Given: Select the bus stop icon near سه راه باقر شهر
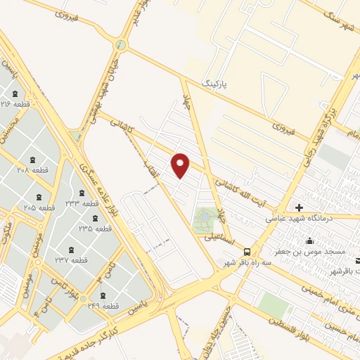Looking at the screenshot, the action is (246, 252).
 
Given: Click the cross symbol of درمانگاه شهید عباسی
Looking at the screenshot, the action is (299, 207).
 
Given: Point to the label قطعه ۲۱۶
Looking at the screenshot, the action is (15, 104).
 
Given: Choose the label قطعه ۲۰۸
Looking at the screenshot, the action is (32, 170).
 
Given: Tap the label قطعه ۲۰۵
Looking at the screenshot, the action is (39, 207).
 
